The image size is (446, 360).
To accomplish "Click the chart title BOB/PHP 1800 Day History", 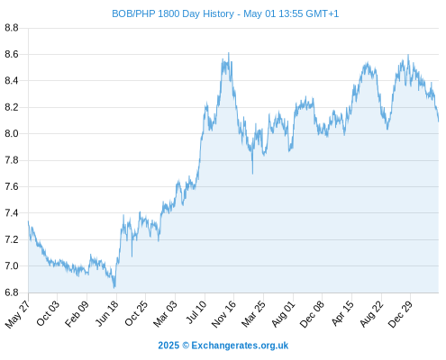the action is [173, 13].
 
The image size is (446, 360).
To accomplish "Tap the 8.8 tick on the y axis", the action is [12, 28].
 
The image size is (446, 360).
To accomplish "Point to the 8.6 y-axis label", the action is [12, 54].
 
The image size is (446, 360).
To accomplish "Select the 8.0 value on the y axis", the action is [12, 133].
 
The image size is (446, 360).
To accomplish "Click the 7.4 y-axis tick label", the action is [12, 213].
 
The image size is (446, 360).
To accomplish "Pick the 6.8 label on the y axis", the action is [12, 292].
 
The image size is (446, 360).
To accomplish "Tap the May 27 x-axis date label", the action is [17, 314].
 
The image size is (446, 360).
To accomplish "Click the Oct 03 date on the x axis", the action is [48, 313].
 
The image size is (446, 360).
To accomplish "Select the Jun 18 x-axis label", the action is [107, 313].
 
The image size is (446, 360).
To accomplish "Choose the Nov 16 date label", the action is [223, 314].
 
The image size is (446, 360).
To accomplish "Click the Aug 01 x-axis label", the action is [283, 314].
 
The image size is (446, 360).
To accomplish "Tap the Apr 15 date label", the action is [342, 313].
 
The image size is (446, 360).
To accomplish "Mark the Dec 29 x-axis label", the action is [400, 314].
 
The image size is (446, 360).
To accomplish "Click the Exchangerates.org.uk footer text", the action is [240, 346].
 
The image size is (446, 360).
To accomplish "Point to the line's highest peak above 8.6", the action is [229, 53].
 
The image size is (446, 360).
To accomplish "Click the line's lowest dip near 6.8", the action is [114, 288].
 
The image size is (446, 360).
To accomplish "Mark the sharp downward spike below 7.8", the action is [252, 174].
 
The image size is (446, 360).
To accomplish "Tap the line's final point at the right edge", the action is [439, 121].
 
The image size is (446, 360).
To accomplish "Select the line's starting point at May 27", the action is [29, 221].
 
